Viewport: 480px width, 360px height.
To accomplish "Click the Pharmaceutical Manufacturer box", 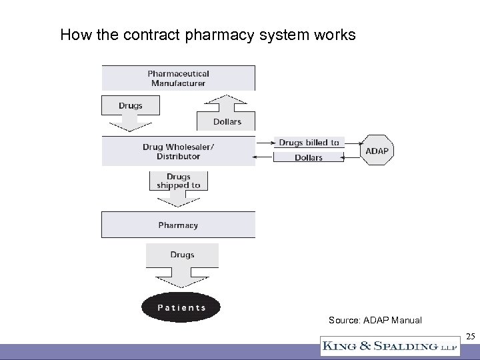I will [x=178, y=78].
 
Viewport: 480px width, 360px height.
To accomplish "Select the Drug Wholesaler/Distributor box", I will [x=178, y=151].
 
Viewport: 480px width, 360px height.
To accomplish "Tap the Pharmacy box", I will [x=178, y=225].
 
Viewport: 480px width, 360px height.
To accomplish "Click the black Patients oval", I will [x=181, y=307].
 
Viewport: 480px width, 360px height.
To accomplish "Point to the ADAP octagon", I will [x=377, y=151].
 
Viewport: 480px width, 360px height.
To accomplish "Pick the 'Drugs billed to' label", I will [x=309, y=142].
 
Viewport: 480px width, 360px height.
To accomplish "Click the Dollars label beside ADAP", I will [x=309, y=157].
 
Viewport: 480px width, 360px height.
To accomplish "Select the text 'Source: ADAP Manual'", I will [x=375, y=320].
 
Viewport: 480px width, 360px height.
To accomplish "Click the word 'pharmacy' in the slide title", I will [x=219, y=35].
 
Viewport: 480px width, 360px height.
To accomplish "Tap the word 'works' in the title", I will [x=337, y=35].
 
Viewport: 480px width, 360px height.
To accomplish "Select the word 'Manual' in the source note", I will [x=406, y=320].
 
